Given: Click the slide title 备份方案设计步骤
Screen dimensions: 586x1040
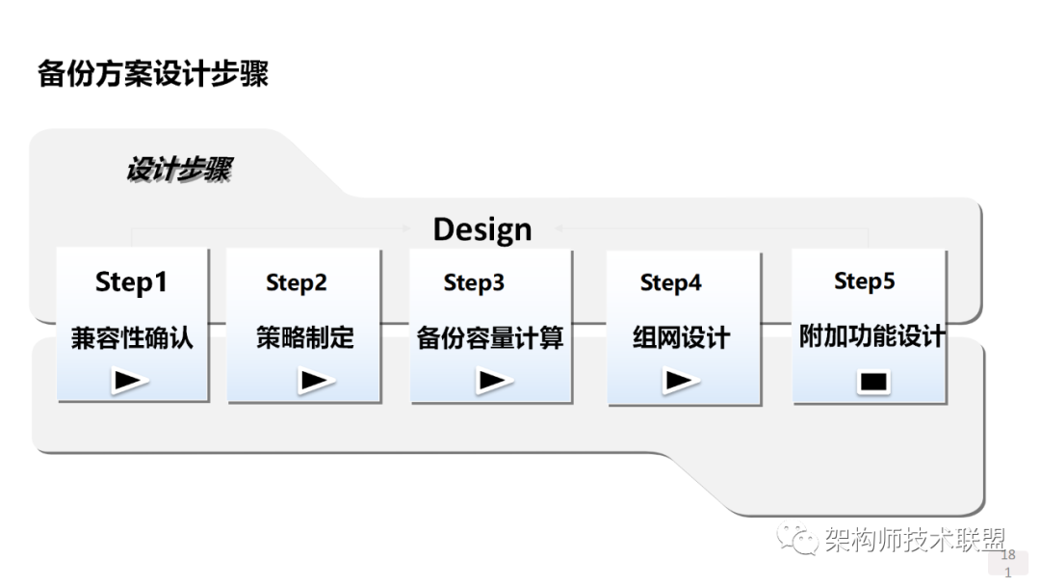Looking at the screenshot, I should [153, 74].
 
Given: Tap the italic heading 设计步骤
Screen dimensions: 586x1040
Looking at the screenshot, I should [179, 171].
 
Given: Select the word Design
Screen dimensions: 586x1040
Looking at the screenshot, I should [481, 229].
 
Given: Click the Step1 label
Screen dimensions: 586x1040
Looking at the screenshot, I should [131, 282].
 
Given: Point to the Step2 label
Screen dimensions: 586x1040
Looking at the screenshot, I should [297, 282].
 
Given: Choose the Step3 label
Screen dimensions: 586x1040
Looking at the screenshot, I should [474, 282].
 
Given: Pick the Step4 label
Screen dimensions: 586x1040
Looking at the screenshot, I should [670, 282].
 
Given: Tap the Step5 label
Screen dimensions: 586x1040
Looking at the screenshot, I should [864, 281].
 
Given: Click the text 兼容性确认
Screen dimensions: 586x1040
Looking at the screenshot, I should [132, 338].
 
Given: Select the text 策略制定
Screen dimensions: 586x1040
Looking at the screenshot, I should [304, 337].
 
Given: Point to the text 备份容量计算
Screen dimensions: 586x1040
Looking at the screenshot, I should [490, 338].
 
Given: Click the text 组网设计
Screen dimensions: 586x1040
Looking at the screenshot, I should [681, 338].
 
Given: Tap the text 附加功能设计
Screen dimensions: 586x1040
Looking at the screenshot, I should [872, 337].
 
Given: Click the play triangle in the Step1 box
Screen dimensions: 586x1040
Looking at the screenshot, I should [130, 381].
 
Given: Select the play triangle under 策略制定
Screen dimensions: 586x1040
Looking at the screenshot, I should [316, 381].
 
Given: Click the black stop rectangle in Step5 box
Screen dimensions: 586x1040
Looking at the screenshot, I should [873, 382].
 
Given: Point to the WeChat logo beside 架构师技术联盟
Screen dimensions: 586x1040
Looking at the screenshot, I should [797, 540].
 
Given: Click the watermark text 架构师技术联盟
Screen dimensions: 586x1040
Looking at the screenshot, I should [915, 541].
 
